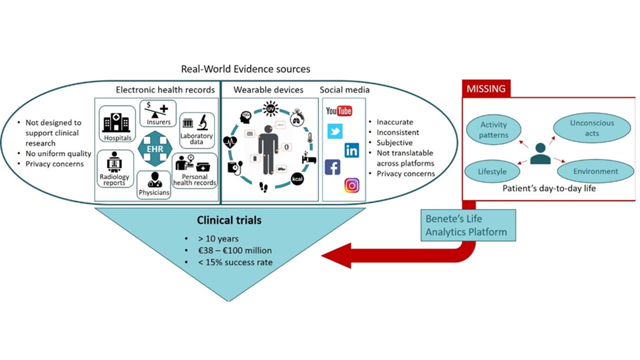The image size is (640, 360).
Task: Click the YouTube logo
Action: point(339,110)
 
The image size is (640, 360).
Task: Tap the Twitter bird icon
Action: point(334,131)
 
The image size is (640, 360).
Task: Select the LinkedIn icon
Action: point(351,150)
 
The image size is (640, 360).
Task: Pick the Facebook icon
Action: point(332,167)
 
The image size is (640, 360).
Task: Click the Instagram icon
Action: point(351,185)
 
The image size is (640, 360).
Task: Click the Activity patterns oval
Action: point(493,129)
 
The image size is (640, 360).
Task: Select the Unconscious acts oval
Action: point(592,128)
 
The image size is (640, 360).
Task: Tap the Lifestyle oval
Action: point(492,171)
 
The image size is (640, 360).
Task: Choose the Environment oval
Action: point(595,171)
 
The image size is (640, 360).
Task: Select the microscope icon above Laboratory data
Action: point(202,122)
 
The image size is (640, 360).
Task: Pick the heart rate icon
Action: point(230,142)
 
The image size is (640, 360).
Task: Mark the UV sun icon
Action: point(270,108)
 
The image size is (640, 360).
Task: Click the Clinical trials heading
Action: point(229,220)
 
